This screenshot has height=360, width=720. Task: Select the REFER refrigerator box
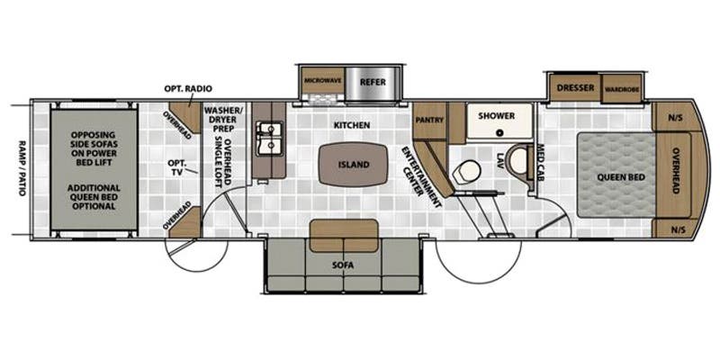click(372, 81)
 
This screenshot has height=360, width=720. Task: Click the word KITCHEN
click(352, 125)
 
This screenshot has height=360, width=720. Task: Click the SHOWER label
click(496, 116)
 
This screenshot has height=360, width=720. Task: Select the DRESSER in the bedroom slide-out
click(572, 88)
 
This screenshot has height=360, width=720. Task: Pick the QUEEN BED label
click(616, 176)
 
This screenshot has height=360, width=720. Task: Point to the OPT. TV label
click(178, 167)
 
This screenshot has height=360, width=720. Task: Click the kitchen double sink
click(266, 139)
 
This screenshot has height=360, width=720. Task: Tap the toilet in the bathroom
click(468, 171)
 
